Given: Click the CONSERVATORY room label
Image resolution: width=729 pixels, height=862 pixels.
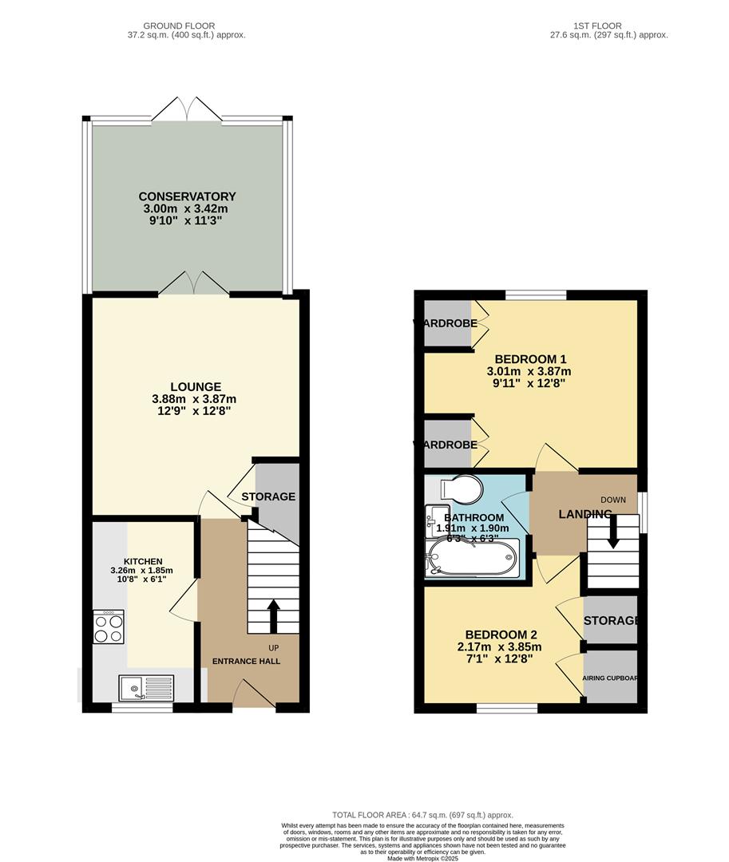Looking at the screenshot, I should coord(187,196).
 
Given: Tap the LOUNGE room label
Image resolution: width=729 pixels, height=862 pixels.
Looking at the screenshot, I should coord(195,387).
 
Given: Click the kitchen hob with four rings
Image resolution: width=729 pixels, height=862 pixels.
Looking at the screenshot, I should coord(109,626).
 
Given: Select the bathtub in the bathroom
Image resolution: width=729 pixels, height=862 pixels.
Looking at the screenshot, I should coord(473,557).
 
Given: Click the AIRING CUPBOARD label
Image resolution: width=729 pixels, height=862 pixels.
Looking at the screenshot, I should coord(610,678).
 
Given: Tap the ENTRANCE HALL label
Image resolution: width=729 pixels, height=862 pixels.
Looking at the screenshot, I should coord(246,661).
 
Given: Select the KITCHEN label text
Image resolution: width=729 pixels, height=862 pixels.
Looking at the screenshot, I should coord(143,561).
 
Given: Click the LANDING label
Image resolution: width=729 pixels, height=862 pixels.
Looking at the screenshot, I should coord(584,514).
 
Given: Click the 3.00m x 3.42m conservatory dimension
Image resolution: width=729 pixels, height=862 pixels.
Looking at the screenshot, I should coord(187,208).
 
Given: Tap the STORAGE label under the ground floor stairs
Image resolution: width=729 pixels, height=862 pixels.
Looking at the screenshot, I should coord(268,496).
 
